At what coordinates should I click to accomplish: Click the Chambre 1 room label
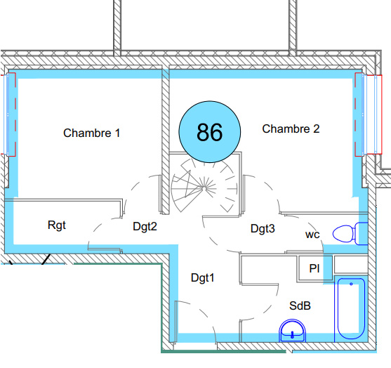click(91, 133)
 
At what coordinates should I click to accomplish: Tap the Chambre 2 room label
click(291, 129)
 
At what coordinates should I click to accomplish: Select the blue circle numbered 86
click(209, 132)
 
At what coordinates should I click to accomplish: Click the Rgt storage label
click(57, 225)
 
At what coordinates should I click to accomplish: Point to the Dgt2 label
click(145, 227)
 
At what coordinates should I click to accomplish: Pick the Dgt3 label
click(263, 228)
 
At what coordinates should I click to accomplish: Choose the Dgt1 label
click(202, 277)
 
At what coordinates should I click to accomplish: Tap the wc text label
click(312, 235)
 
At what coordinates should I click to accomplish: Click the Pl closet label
click(314, 268)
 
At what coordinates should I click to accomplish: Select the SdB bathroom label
click(300, 305)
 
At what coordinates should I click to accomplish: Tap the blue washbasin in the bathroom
click(292, 331)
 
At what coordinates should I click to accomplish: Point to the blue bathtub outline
click(351, 308)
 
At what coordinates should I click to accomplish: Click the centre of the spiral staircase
click(204, 188)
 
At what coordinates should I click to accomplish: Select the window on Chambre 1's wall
click(8, 114)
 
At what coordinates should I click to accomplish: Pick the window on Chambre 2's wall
click(369, 114)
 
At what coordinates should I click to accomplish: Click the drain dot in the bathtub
click(351, 284)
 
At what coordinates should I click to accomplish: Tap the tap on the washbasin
click(292, 335)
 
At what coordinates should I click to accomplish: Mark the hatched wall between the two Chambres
click(166, 141)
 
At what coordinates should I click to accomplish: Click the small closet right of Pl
click(351, 264)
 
